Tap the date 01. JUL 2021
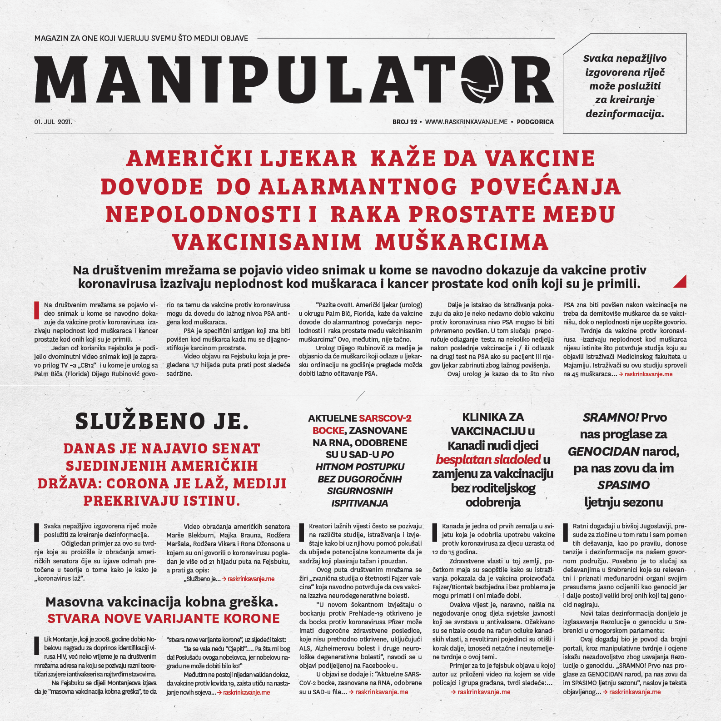coord(53,122)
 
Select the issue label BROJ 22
coord(404,122)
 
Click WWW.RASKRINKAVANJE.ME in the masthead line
coord(466,122)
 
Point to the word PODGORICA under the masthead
coord(535,122)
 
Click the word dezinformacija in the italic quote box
coord(625,114)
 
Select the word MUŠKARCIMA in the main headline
coord(462,242)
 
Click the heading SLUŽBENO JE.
coord(162,421)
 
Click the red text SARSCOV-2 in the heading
coord(385,418)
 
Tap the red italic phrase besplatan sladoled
coord(488,459)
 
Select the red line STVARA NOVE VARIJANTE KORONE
coord(164,618)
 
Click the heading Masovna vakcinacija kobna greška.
coord(162,602)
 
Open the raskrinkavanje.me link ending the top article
coord(648,374)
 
